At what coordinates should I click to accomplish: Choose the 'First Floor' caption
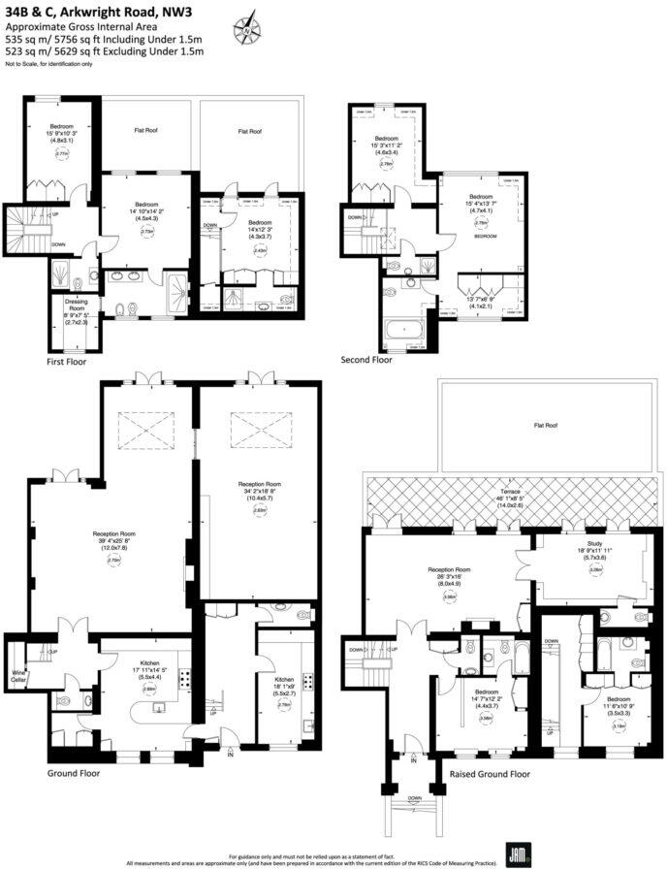click(x=67, y=361)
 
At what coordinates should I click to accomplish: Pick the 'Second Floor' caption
click(x=366, y=360)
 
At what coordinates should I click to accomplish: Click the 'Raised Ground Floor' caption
click(x=490, y=774)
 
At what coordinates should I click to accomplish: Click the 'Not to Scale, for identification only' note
click(x=48, y=64)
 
